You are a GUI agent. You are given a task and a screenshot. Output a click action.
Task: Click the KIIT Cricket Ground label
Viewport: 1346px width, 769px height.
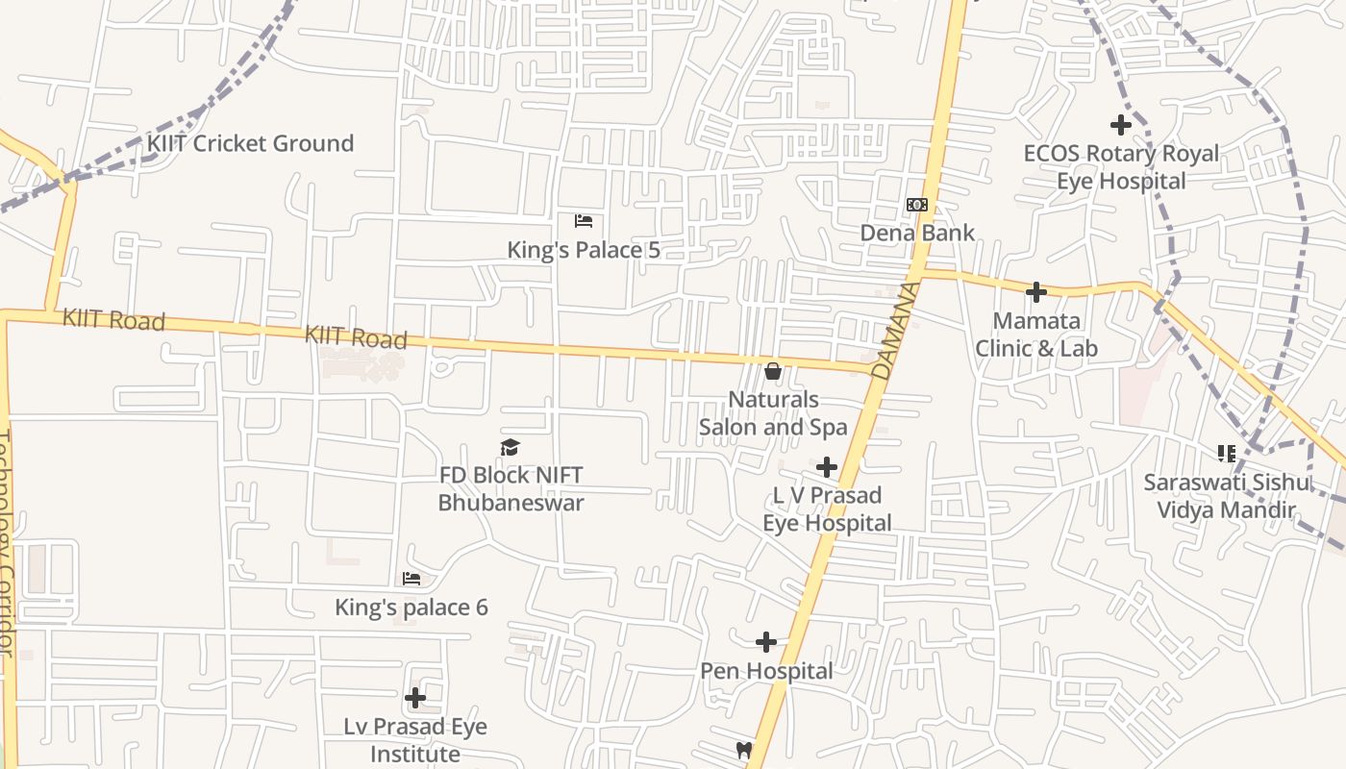coord(250,144)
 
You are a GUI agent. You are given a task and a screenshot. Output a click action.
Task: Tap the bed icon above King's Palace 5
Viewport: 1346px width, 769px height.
coord(584,221)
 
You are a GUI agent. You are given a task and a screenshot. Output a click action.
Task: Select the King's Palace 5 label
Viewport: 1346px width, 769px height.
coord(584,251)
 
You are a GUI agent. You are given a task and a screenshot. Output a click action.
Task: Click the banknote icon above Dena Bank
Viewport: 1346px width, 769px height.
coord(917,205)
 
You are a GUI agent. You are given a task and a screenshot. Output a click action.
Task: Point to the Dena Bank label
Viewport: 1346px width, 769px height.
coord(917,233)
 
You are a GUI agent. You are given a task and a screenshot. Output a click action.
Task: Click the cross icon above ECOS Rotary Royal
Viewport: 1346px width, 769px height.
coord(1120,125)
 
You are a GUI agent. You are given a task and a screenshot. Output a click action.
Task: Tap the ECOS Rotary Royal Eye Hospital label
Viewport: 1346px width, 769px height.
coord(1121,167)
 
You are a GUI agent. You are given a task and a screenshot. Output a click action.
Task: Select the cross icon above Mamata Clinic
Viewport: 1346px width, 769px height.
coord(1036,292)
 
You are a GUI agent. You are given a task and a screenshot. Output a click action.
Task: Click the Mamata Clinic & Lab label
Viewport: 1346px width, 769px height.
coord(1036,335)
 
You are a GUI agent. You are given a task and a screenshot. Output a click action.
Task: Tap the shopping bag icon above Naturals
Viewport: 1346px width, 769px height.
coord(772,371)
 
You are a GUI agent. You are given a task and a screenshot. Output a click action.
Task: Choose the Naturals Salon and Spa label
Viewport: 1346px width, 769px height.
coord(773,413)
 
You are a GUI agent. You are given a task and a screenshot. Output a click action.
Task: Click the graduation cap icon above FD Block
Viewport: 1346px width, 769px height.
coord(511,447)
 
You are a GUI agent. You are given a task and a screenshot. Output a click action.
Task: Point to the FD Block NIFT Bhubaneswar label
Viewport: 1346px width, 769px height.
coord(511,489)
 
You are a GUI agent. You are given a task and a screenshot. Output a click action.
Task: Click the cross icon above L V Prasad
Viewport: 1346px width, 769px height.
coord(827,468)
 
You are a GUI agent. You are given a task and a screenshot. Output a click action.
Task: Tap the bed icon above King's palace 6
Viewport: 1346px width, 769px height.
coord(411,579)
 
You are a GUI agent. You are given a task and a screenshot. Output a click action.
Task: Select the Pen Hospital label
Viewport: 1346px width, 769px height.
coord(766,671)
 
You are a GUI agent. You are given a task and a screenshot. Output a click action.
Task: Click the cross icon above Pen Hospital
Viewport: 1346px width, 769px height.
coord(766,642)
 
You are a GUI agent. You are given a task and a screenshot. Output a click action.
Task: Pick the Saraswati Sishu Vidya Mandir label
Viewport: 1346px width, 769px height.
coord(1226,496)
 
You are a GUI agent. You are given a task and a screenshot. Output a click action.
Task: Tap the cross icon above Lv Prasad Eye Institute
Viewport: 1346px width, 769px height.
coord(415,697)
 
